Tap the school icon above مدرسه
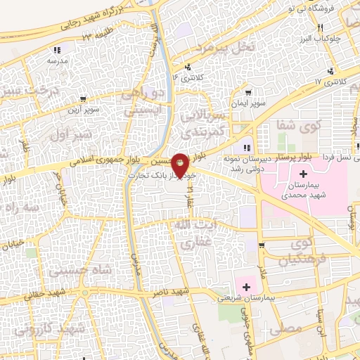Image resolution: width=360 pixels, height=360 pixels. (57, 50)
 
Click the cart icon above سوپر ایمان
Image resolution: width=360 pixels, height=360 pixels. (249, 92)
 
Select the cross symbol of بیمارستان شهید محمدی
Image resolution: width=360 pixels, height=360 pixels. (303, 174)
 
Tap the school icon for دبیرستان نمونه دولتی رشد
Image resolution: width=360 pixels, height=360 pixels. (247, 147)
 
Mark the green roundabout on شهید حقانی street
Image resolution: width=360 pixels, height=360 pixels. (85, 293)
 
